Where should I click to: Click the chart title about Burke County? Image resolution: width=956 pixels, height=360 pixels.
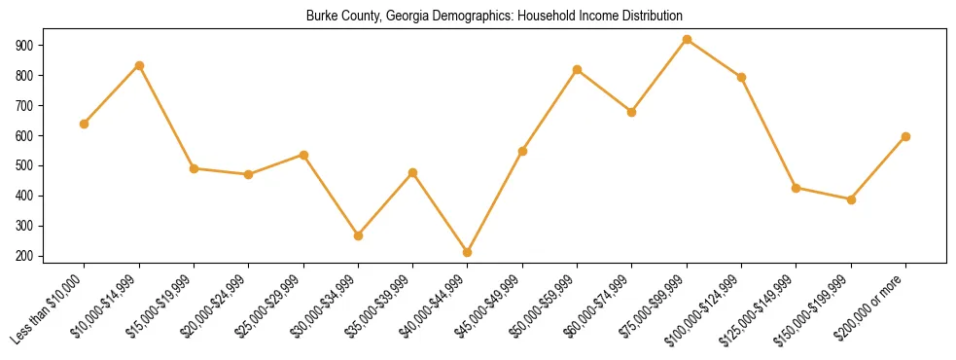(x=495, y=16)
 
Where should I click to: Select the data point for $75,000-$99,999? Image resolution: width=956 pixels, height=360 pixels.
(x=687, y=40)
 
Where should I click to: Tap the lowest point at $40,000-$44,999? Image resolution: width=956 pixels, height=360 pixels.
(x=468, y=252)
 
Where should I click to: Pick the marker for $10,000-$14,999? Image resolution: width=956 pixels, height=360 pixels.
(x=139, y=65)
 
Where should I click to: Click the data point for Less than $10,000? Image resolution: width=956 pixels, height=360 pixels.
(x=85, y=124)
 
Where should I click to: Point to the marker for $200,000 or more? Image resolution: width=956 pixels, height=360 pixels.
(x=905, y=136)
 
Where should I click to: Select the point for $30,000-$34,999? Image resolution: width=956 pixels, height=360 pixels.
(x=358, y=235)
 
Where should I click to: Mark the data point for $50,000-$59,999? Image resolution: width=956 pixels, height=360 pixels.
(x=578, y=69)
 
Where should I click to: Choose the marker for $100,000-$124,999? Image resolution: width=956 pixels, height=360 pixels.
(x=741, y=77)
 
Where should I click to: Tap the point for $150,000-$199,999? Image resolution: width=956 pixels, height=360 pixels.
(x=851, y=199)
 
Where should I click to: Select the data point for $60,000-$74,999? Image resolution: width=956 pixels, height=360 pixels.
(x=632, y=112)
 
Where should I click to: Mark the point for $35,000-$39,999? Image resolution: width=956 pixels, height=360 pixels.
(x=413, y=172)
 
